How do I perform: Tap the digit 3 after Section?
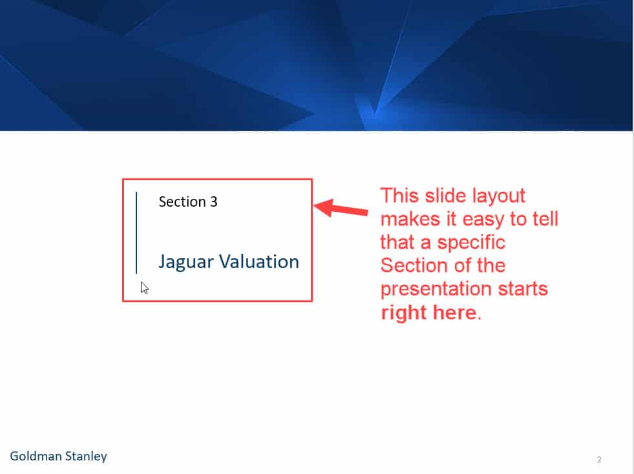213,201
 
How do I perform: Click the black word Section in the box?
182,201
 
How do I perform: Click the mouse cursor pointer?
145,288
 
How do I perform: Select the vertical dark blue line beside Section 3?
136,232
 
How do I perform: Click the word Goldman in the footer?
36,456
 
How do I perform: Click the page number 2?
599,460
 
